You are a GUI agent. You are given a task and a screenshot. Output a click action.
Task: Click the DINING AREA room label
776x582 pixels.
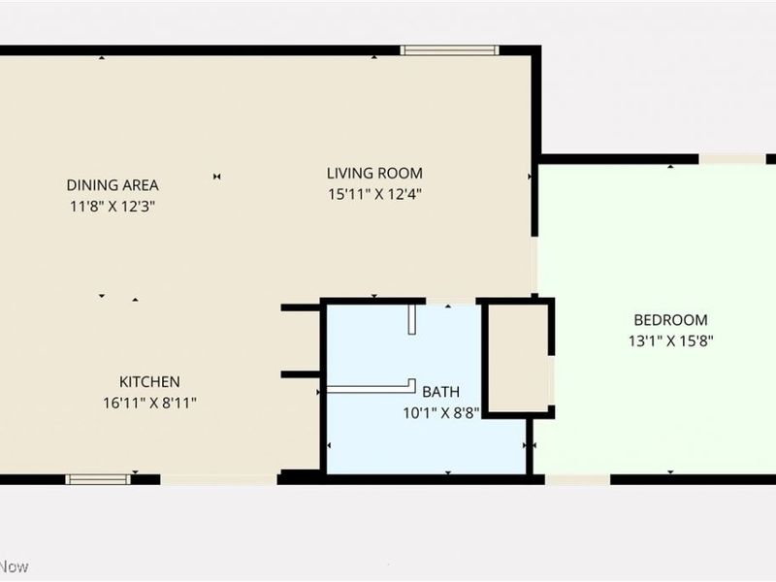113,185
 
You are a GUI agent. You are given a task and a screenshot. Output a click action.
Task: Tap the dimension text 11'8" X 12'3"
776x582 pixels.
113,206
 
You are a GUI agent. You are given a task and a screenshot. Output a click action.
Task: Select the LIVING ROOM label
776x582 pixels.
374,174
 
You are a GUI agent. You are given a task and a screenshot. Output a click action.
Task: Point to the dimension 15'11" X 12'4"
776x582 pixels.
374,194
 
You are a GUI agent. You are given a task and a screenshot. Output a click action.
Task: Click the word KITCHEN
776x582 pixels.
149,382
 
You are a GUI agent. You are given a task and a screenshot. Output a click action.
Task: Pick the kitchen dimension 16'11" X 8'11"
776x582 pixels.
149,403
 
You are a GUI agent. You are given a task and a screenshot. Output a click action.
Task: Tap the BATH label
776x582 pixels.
441,392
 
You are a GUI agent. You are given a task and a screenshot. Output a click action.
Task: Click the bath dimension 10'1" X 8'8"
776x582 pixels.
441,412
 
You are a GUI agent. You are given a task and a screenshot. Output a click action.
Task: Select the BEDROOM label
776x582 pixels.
670,320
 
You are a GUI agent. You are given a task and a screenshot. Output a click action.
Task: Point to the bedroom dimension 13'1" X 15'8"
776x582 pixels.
670,340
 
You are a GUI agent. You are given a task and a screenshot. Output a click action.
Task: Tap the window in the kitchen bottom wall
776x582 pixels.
98,478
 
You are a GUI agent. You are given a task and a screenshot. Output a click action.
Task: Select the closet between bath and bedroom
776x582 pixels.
518,358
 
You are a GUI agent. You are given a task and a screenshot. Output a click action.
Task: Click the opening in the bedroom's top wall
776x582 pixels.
732,159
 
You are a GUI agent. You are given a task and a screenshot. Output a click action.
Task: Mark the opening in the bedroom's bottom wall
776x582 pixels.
577,478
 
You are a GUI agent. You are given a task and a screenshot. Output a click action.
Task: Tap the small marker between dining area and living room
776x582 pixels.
218,176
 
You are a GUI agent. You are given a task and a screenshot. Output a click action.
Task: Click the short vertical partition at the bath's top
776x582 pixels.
411,319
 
